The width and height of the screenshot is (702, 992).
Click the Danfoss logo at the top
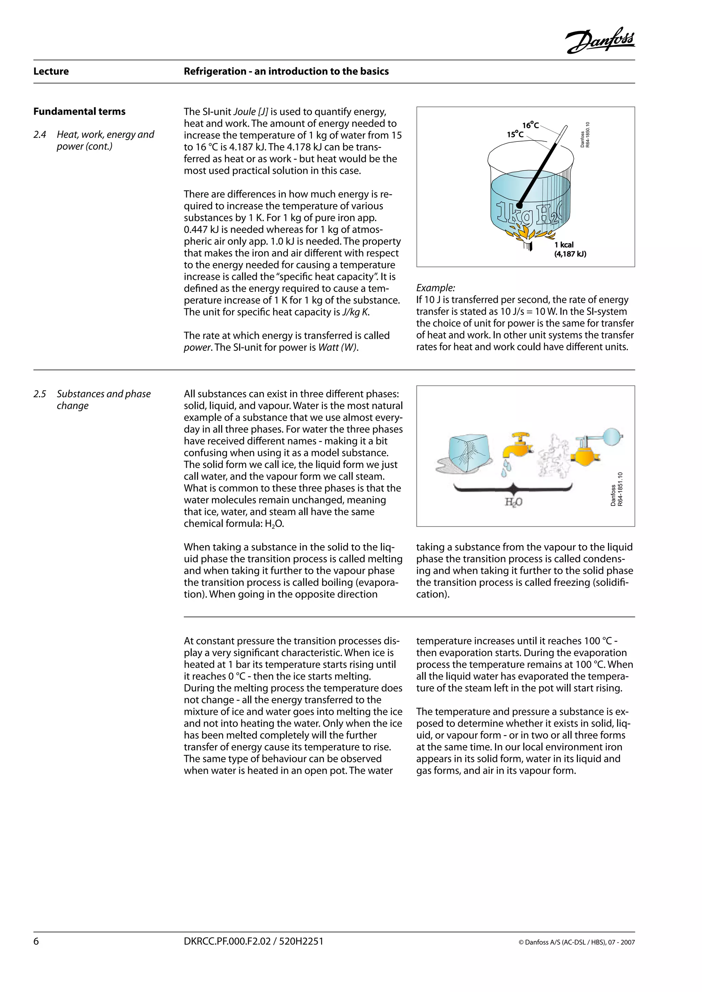(x=600, y=41)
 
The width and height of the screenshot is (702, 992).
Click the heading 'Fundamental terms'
(x=79, y=111)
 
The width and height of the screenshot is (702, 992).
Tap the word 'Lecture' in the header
(x=51, y=71)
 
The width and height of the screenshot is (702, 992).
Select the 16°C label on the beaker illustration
(x=530, y=125)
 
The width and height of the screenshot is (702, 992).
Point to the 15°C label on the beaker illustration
(x=515, y=134)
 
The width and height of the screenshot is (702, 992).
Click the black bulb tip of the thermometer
(x=520, y=205)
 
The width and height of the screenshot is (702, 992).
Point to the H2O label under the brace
(x=513, y=502)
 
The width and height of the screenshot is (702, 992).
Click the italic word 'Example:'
(x=435, y=288)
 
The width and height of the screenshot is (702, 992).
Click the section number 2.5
(x=40, y=394)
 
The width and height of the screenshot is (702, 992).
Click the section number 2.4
(x=40, y=135)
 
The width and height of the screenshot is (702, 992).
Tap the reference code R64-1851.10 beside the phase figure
(x=619, y=489)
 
